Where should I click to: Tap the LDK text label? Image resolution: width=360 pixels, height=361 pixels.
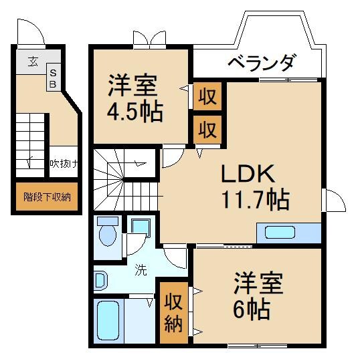tap(247, 175)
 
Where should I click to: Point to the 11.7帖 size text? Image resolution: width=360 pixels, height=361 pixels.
tap(255, 199)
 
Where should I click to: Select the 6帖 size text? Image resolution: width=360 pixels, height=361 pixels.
tap(252, 308)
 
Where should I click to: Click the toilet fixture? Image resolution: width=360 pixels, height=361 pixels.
tap(107, 231)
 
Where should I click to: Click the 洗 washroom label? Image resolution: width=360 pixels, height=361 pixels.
tap(141, 271)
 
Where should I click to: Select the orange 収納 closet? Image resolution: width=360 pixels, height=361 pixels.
tap(173, 314)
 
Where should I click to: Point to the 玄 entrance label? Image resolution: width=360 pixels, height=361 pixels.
tap(33, 62)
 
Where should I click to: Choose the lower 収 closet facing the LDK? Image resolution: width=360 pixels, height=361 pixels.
tap(207, 128)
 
